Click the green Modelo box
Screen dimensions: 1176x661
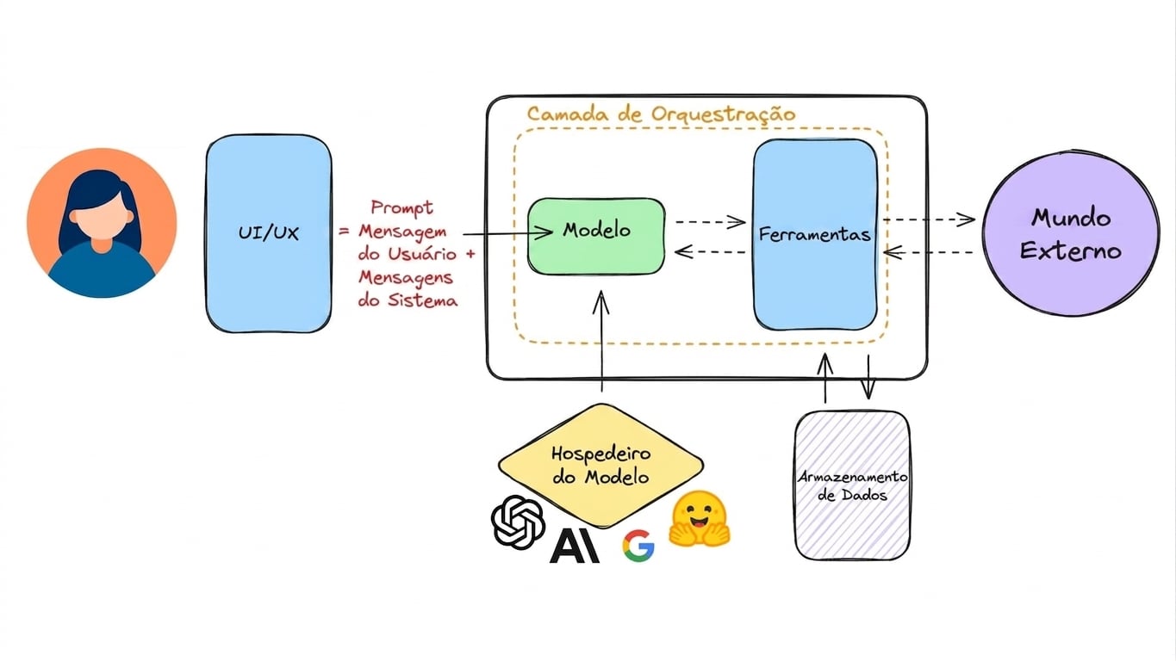596,236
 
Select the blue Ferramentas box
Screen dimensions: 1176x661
815,234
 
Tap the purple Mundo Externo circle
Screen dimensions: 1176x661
1071,233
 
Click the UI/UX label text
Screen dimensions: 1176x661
269,232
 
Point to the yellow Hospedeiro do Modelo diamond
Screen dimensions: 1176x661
600,466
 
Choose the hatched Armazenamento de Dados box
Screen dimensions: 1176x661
852,485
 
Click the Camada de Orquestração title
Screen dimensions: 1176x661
661,114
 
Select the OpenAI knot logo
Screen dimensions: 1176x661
518,522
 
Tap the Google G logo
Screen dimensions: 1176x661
638,546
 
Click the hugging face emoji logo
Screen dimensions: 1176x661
700,519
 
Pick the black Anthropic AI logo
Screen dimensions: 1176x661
575,546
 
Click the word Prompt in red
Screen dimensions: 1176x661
402,207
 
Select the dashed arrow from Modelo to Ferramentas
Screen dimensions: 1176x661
710,222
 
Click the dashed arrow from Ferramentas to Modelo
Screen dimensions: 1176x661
710,252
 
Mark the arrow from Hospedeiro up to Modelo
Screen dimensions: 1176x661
601,341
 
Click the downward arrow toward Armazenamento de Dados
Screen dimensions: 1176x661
868,377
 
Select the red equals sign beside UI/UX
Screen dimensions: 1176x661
344,231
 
